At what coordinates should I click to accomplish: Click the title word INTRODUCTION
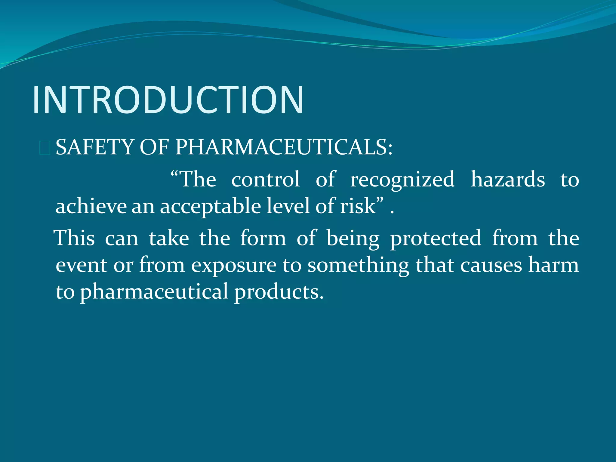[168, 100]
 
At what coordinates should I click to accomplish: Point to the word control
[266, 180]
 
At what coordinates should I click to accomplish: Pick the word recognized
[402, 180]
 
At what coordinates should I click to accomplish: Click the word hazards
[508, 180]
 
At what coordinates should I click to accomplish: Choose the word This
[75, 238]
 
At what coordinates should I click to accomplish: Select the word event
[82, 265]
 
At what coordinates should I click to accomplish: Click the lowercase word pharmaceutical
[154, 292]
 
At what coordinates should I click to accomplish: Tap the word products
[279, 292]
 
